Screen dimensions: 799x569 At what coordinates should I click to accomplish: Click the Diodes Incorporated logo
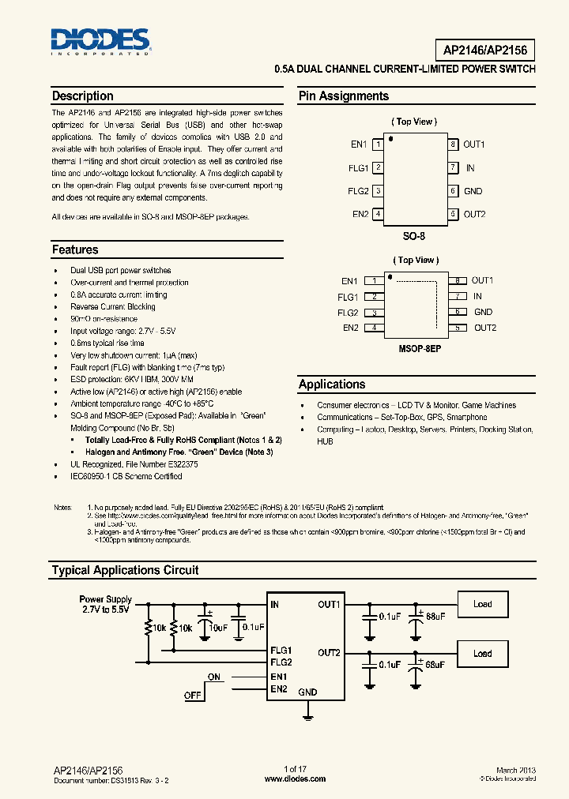[100, 40]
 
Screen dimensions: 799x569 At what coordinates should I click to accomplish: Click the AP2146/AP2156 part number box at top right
[484, 51]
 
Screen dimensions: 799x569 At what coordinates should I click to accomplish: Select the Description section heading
[82, 96]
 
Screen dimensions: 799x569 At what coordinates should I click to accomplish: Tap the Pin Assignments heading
[343, 96]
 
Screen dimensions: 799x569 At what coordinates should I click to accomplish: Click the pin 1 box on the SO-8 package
[379, 144]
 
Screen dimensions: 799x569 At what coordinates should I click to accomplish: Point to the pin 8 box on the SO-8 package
[453, 144]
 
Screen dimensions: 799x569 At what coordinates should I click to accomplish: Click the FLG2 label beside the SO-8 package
[358, 191]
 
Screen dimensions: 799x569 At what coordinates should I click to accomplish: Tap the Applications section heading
[332, 384]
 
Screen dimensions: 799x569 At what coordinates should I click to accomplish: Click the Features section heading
[75, 250]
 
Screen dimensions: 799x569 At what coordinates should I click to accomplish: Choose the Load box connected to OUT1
[482, 605]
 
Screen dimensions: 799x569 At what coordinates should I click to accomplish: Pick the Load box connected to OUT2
[482, 654]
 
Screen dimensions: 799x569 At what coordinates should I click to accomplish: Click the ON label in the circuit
[214, 677]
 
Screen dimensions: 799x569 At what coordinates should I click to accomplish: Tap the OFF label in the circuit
[192, 696]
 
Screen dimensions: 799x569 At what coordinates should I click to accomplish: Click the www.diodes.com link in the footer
[294, 778]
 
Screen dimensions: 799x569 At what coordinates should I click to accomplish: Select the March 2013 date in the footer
[516, 770]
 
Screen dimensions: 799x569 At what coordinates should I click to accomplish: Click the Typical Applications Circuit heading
[125, 570]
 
